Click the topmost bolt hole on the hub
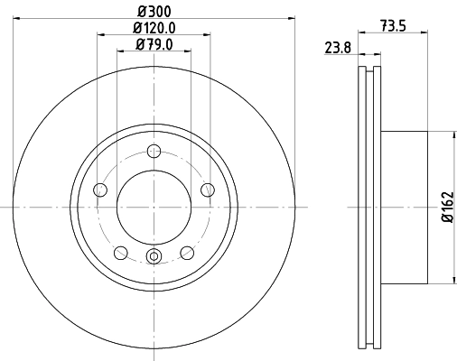(x=154, y=151)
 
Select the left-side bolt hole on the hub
(x=99, y=190)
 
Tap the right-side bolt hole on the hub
(x=208, y=190)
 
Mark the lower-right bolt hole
(x=186, y=253)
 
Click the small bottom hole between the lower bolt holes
(x=154, y=257)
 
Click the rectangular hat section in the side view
(x=403, y=208)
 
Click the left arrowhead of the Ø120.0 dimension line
(x=98, y=34)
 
